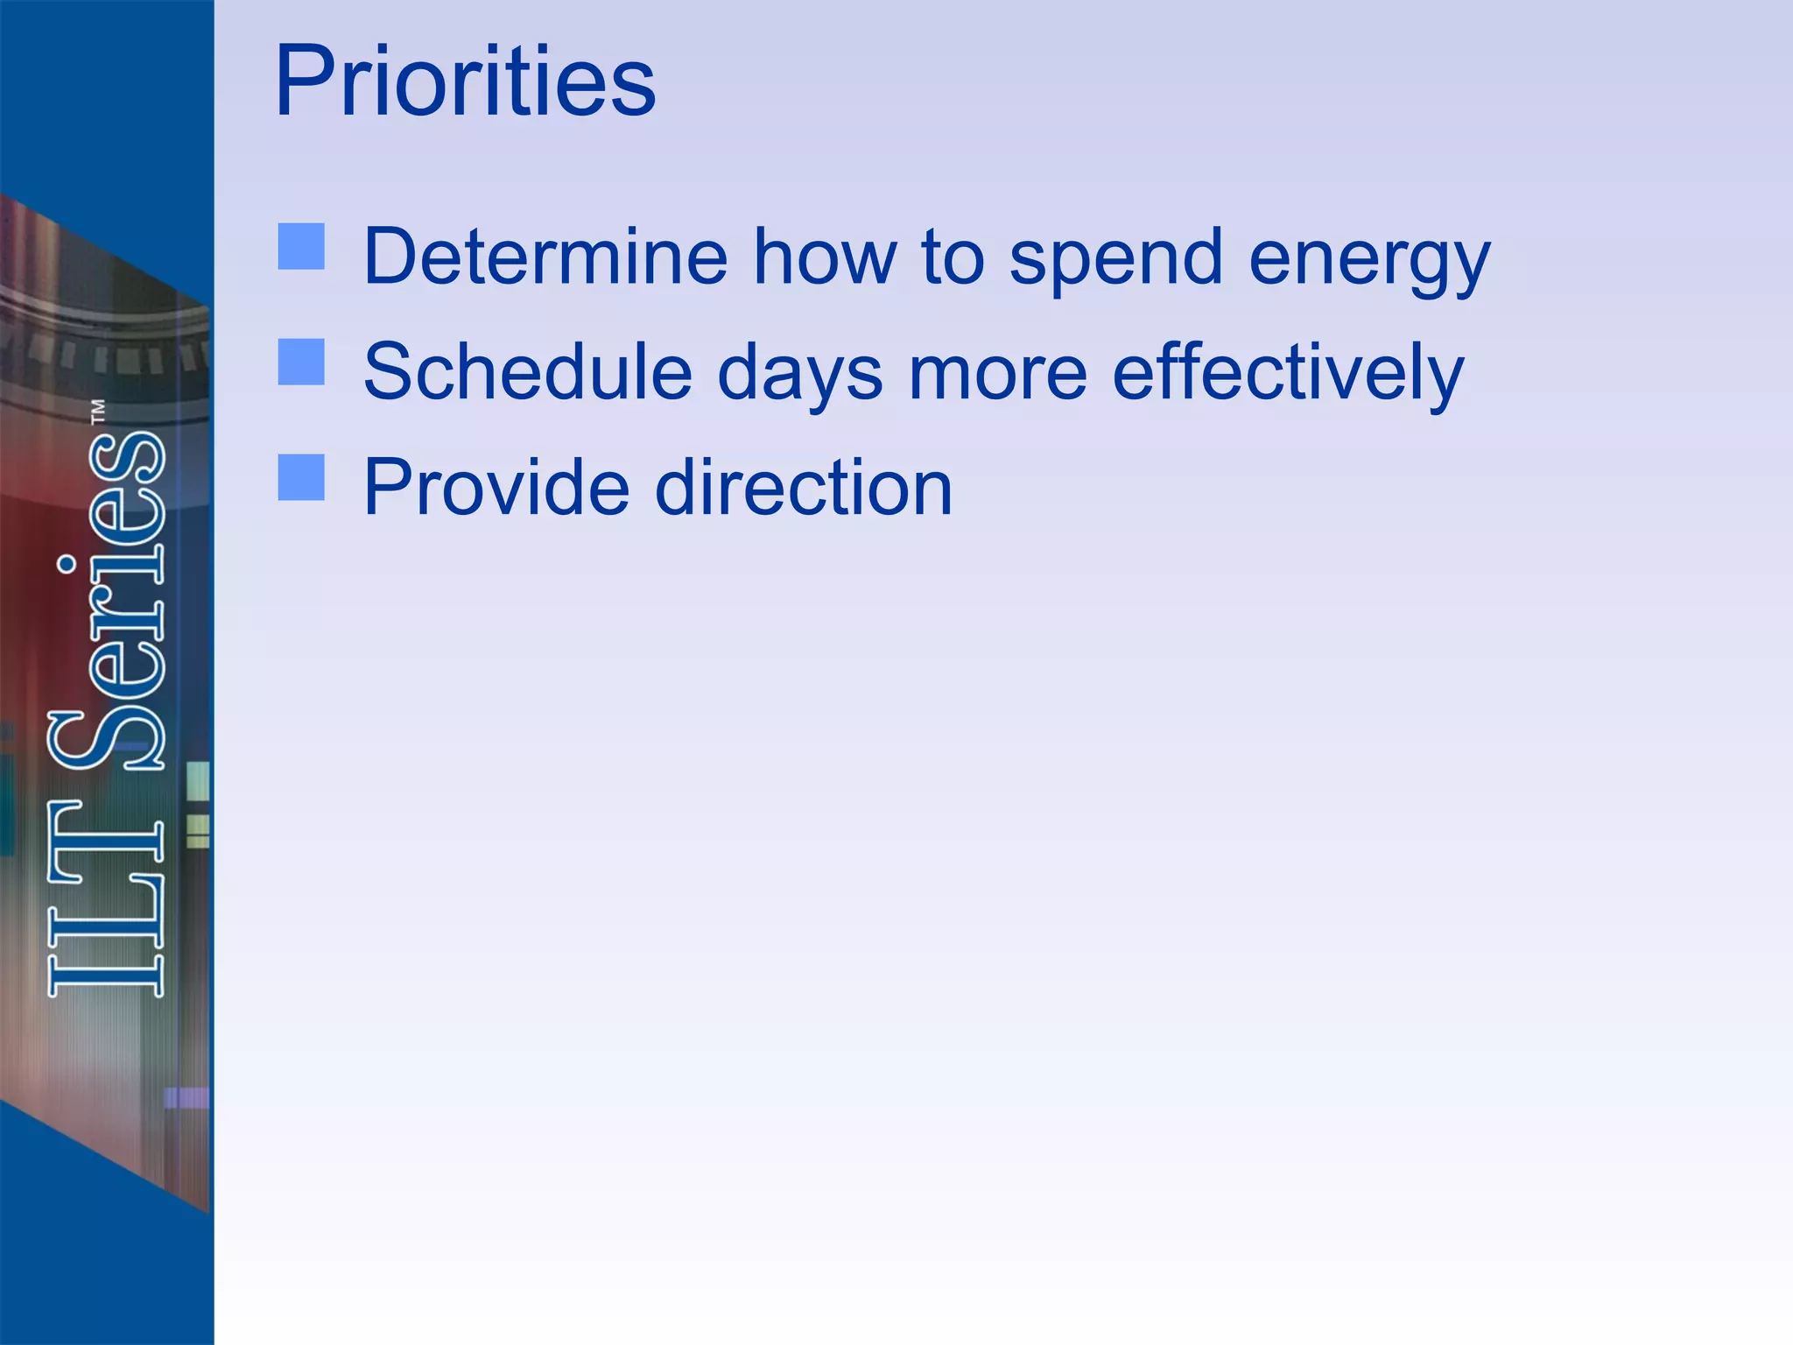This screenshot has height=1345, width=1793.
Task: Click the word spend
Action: pos(1115,258)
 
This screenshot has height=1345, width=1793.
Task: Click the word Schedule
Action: pos(527,372)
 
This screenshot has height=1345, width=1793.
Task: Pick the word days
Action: pos(799,375)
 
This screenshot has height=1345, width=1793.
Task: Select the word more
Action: pos(997,374)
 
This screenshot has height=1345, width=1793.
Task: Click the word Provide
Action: pos(496,488)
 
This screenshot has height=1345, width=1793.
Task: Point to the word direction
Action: pos(803,488)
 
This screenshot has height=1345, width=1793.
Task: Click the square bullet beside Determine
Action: pos(301,246)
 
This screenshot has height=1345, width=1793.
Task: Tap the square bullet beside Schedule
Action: pos(301,362)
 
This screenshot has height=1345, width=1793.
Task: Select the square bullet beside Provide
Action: pos(301,477)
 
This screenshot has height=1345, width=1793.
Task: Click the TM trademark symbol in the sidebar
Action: pos(98,412)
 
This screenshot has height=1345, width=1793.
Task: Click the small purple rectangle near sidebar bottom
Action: pos(186,1096)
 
